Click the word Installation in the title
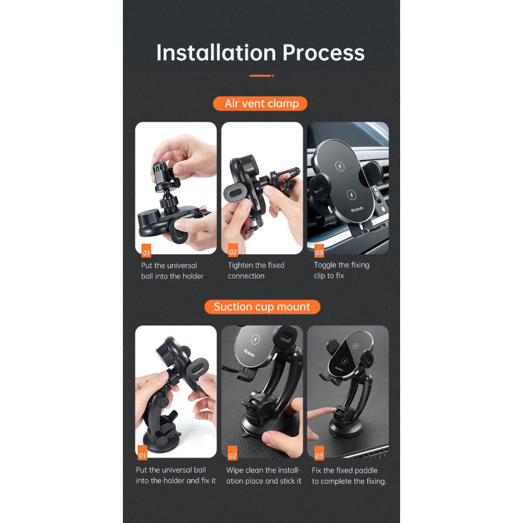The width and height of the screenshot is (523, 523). point(216,53)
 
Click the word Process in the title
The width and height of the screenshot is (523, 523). point(324,53)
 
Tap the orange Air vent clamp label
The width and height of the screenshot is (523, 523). point(260,103)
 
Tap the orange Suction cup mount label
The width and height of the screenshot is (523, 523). point(262,307)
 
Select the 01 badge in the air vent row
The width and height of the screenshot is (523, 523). point(146,251)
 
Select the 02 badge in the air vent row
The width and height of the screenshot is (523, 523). point(233,250)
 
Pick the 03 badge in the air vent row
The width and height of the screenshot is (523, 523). point(319,251)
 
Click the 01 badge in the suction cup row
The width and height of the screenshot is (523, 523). point(143,453)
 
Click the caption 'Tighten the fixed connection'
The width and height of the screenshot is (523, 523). point(256,271)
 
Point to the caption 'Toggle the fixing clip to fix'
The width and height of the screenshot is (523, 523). point(341,270)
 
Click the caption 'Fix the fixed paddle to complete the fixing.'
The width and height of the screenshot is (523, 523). point(349,476)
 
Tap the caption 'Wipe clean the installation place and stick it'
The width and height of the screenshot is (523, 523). point(263,475)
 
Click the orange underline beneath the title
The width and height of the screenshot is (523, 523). point(261,76)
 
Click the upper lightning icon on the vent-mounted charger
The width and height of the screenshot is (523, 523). point(339,166)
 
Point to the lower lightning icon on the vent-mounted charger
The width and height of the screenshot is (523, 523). point(351,194)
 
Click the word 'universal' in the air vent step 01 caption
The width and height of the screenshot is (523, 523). point(182,265)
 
